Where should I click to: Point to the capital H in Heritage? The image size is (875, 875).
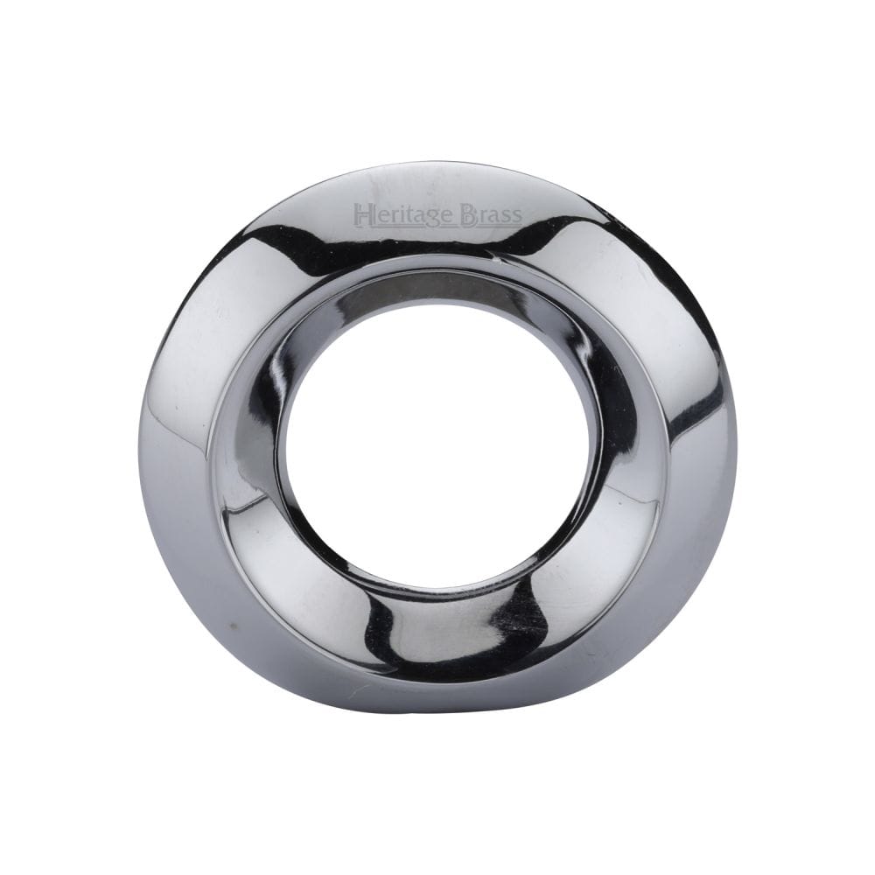(x=360, y=213)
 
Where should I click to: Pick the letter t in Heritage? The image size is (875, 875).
(x=405, y=213)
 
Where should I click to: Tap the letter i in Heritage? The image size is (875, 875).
(x=396, y=213)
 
